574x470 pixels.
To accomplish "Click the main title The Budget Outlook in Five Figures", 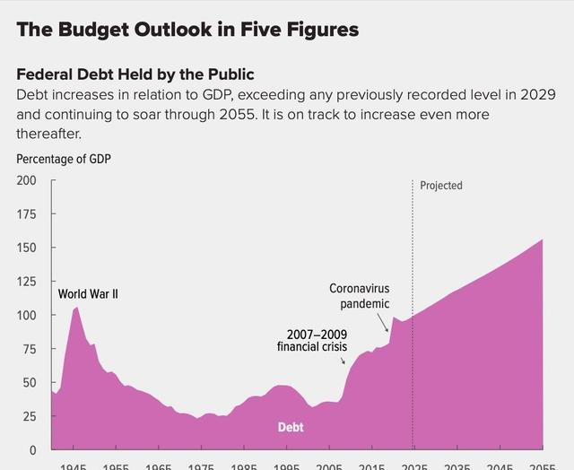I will (187, 30).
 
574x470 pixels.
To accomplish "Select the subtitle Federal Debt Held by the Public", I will (135, 74).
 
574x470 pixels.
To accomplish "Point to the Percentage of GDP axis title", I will (64, 159).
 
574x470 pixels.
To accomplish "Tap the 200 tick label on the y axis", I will (27, 180).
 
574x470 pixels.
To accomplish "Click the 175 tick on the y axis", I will (27, 213).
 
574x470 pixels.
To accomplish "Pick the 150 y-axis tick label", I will (27, 248).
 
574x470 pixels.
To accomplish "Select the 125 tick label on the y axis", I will (27, 282).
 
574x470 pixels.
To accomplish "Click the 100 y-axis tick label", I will (27, 315).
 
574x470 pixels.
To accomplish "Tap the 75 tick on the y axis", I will (30, 349).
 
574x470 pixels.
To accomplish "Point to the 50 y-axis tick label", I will (30, 383).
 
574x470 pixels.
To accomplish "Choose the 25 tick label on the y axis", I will (30, 416).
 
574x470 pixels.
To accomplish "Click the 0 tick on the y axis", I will (33, 450).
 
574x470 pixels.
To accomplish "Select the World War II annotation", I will (88, 294).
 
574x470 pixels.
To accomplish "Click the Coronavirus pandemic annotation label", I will (359, 296).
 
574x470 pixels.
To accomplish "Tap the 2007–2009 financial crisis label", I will (311, 341).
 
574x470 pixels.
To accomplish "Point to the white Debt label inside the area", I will (291, 427).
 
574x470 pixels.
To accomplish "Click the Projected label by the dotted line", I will (441, 186).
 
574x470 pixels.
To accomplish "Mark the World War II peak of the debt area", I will (77, 308).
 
